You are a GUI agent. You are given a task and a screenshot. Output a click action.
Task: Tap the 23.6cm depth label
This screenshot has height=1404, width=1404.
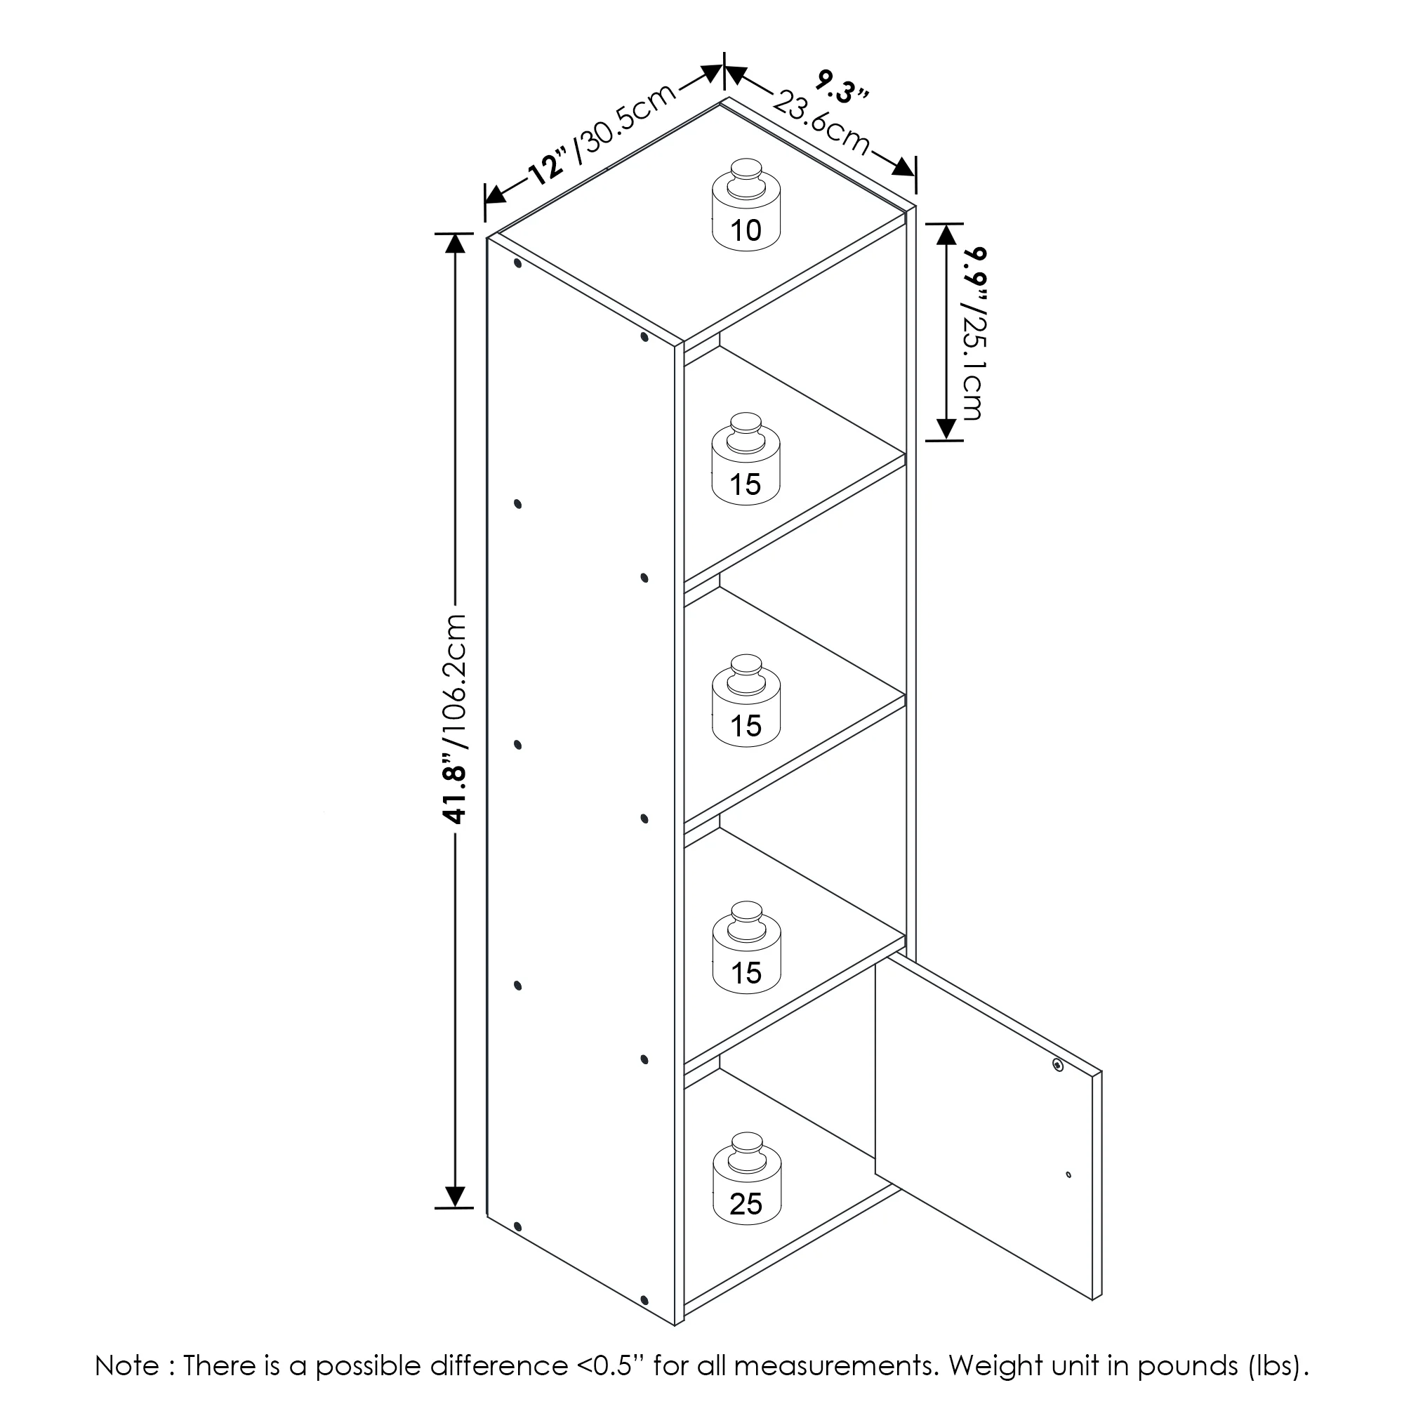pyautogui.click(x=821, y=121)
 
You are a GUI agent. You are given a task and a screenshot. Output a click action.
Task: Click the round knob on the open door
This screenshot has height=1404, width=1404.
pyautogui.click(x=1057, y=1065)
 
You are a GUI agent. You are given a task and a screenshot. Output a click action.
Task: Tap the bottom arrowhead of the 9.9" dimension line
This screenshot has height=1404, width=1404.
pyautogui.click(x=946, y=429)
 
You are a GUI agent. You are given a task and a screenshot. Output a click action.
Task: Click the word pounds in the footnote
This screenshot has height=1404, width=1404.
pyautogui.click(x=1188, y=1366)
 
